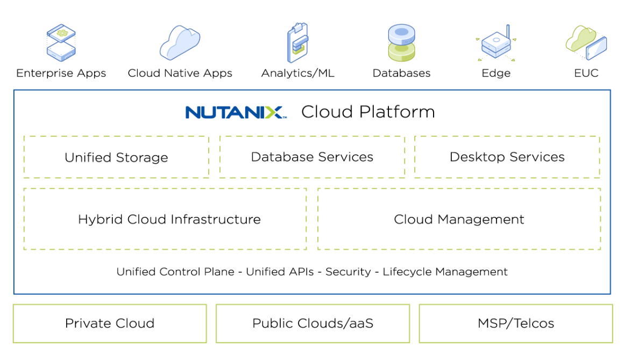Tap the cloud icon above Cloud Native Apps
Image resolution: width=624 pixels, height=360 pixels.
click(180, 43)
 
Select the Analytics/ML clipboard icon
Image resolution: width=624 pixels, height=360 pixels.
click(297, 43)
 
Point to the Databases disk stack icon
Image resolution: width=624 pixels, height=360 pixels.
click(402, 43)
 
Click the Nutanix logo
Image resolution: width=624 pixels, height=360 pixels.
click(236, 112)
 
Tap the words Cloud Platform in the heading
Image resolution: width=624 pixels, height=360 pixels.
click(368, 112)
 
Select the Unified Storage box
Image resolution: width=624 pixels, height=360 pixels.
click(116, 157)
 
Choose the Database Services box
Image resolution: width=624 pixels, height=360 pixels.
click(312, 157)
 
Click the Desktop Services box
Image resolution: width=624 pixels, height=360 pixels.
click(507, 157)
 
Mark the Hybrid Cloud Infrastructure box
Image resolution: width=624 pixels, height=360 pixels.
click(165, 219)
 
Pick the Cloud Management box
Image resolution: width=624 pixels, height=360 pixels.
click(459, 219)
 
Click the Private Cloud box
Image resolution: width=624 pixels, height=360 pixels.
click(110, 323)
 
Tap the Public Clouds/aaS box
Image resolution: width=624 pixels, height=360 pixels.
click(313, 323)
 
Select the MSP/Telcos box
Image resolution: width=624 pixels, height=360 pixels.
click(516, 323)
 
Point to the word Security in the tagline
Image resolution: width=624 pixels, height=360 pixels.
click(348, 272)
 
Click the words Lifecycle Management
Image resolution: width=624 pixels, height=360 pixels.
click(445, 272)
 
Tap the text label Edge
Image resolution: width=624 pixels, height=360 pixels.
click(496, 73)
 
